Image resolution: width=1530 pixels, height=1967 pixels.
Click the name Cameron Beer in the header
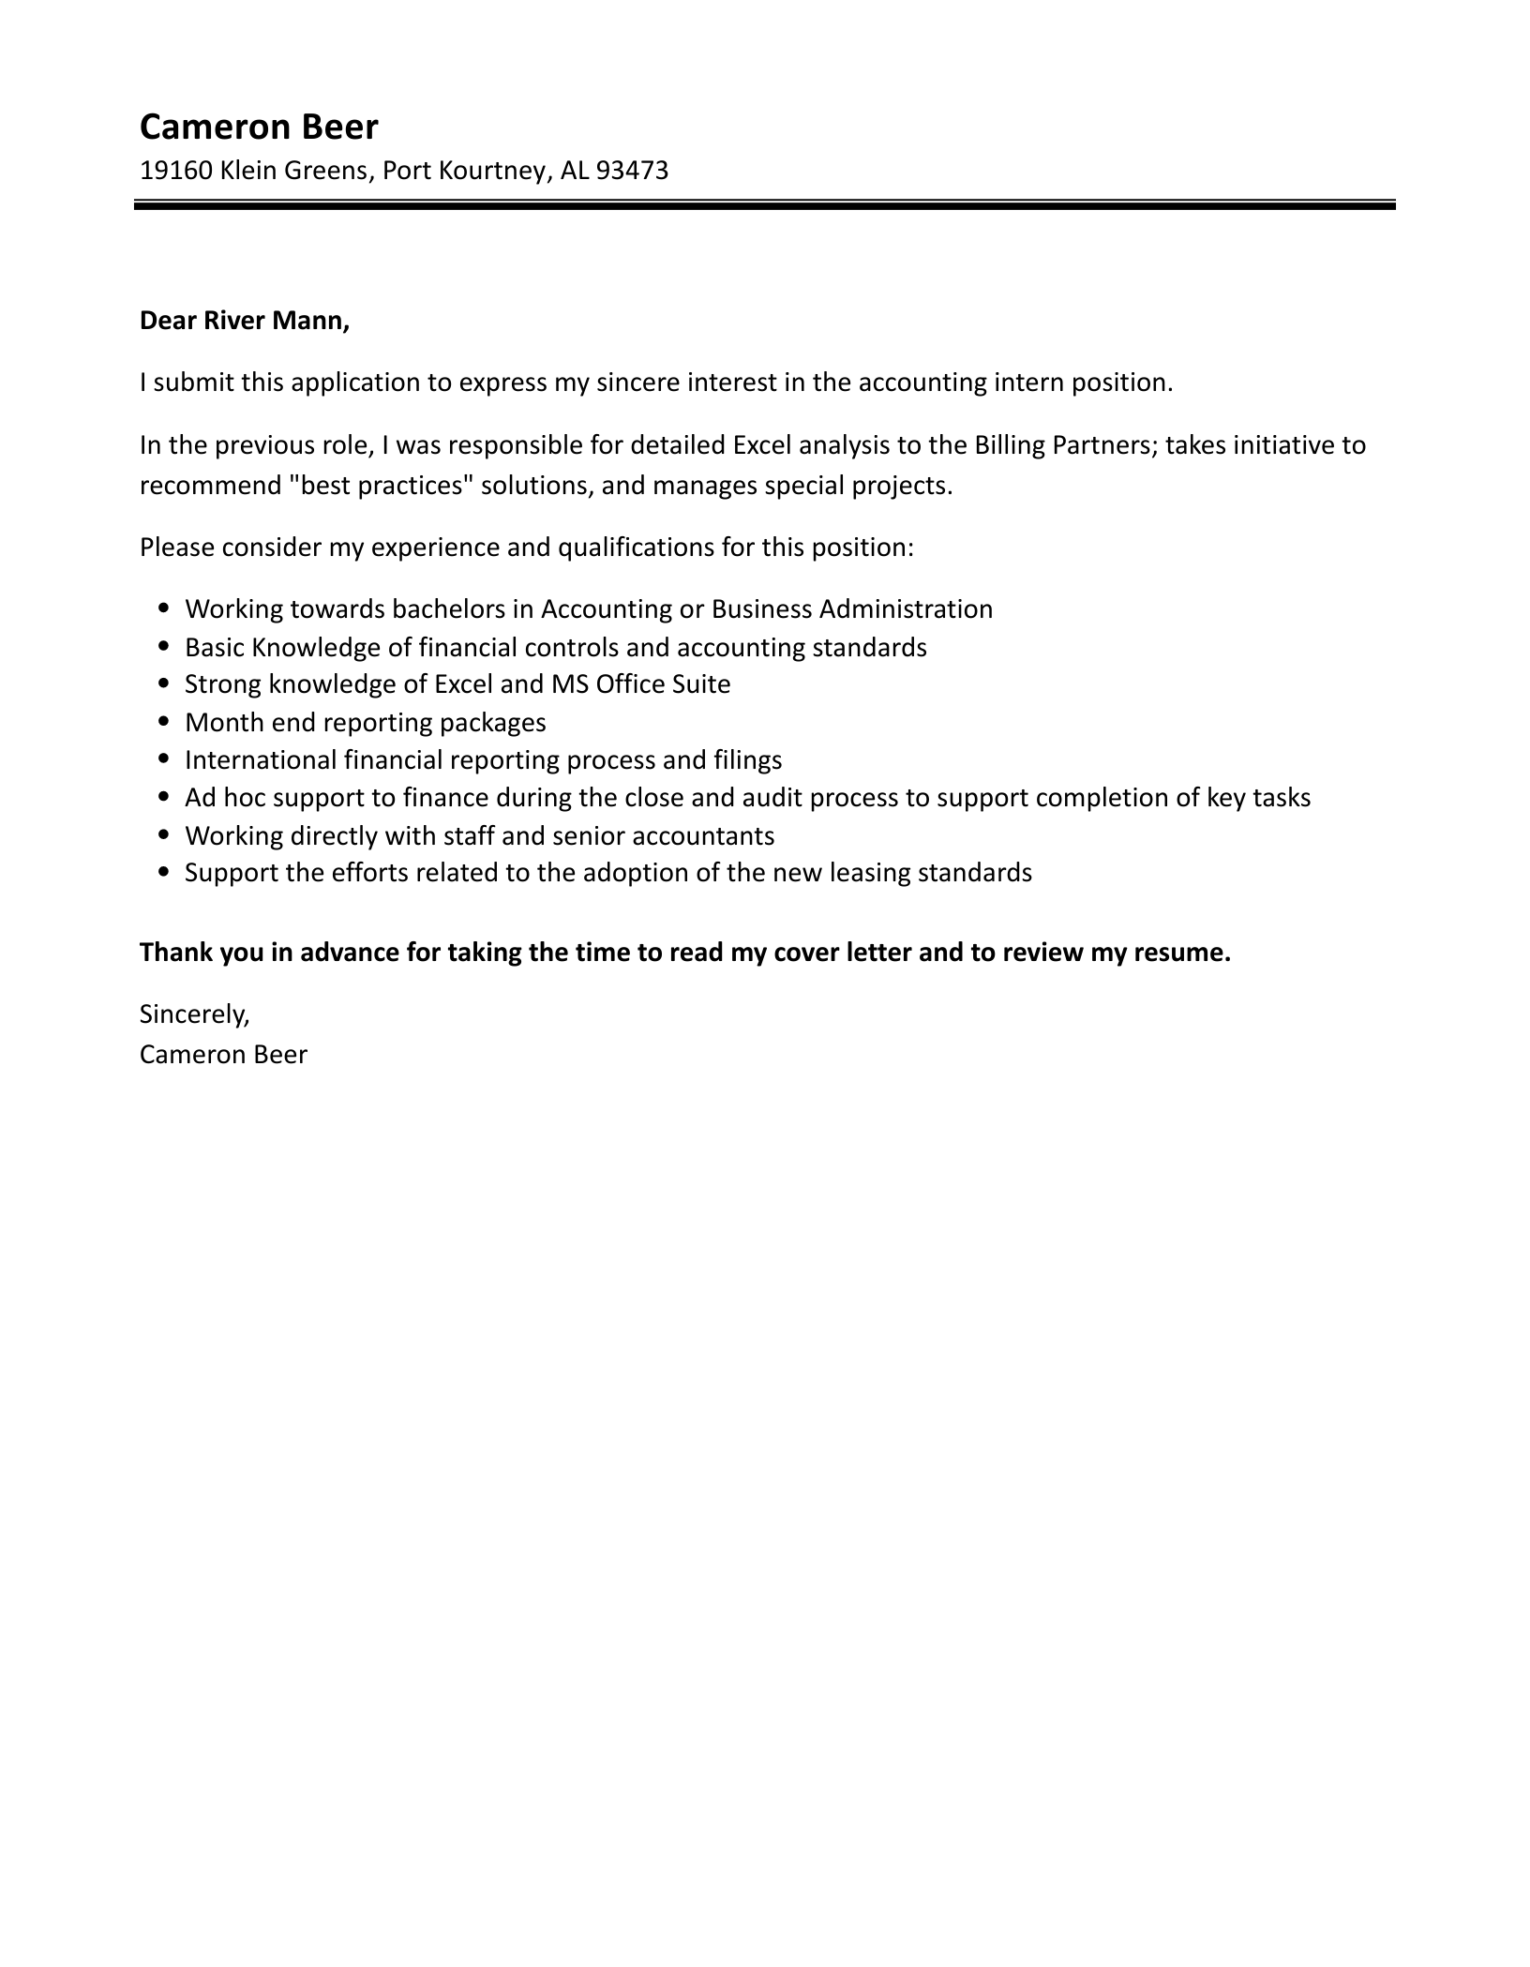pyautogui.click(x=259, y=127)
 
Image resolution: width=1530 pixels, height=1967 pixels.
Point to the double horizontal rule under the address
pyautogui.click(x=764, y=204)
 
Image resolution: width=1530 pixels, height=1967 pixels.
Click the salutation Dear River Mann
pyautogui.click(x=244, y=321)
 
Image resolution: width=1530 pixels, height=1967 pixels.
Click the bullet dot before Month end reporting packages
pyautogui.click(x=165, y=723)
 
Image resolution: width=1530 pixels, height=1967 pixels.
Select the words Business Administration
pyautogui.click(x=851, y=609)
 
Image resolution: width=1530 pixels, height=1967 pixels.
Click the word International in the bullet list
pyautogui.click(x=261, y=760)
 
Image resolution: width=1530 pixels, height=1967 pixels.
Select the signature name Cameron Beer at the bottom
pyautogui.click(x=223, y=1055)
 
